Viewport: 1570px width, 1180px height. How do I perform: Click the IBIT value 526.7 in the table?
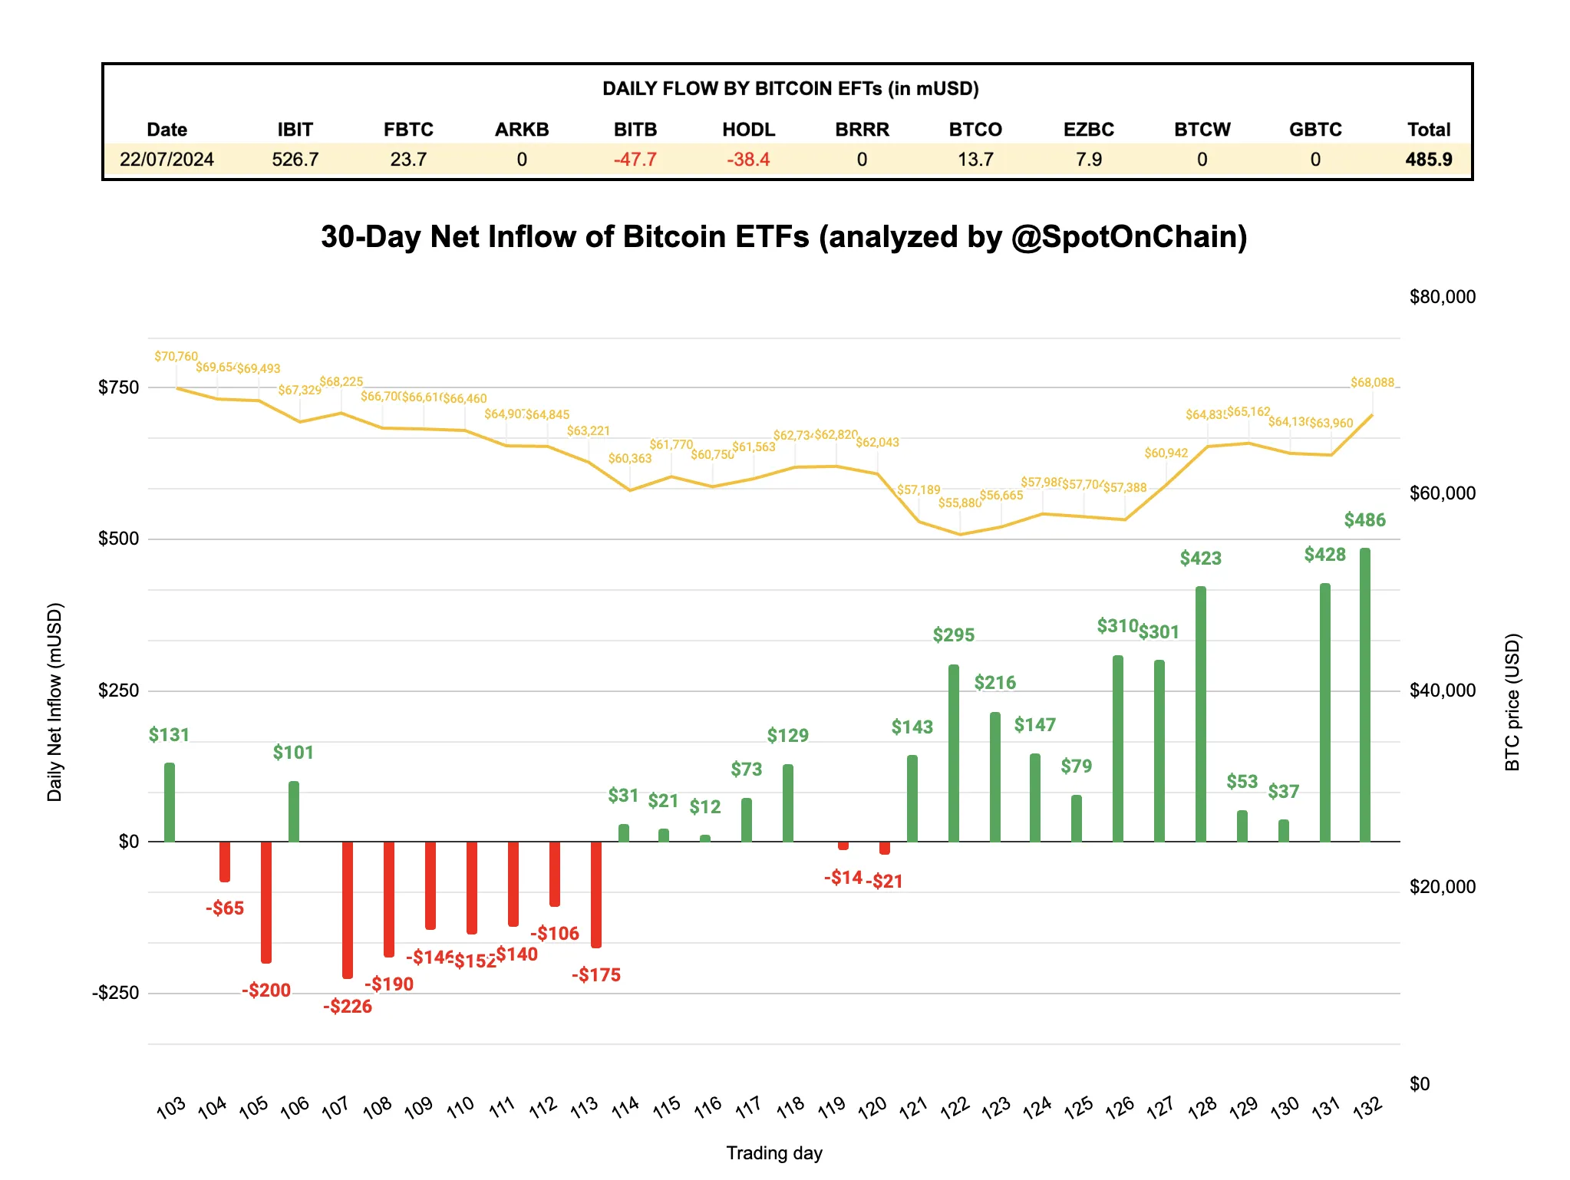[295, 160]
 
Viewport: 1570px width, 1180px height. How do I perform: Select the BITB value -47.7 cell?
[635, 160]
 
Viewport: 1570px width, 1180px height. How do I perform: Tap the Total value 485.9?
[1428, 160]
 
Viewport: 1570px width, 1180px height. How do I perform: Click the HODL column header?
[748, 130]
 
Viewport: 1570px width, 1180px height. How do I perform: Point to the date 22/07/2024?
[167, 160]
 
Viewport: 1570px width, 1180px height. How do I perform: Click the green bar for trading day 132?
[1364, 694]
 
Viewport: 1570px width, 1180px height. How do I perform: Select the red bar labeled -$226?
[348, 909]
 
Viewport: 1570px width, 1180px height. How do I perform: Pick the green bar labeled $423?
[1200, 714]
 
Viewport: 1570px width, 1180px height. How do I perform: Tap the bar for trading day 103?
[170, 802]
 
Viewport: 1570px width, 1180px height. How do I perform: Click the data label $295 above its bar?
[953, 635]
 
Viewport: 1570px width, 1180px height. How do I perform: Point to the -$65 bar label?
[225, 908]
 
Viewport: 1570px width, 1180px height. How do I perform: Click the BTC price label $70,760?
[176, 357]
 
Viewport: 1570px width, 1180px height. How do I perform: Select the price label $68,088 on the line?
[1372, 383]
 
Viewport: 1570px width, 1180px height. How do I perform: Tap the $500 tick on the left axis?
[119, 539]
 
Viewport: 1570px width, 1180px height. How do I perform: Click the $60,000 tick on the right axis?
[1442, 493]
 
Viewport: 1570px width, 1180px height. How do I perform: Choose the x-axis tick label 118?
[790, 1106]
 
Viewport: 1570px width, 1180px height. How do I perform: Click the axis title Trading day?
[773, 1153]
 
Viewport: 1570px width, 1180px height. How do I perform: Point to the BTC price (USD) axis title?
[1512, 701]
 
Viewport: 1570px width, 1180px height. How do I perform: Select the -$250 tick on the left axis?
[116, 993]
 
